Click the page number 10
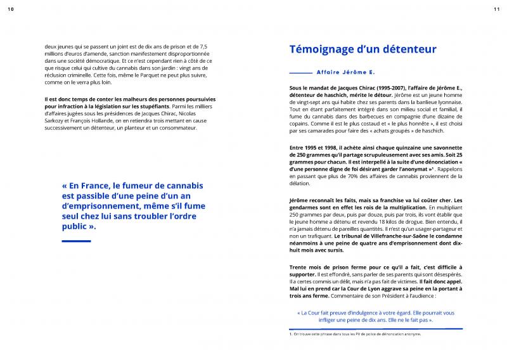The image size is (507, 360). (x=11, y=8)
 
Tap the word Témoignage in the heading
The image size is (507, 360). (x=324, y=49)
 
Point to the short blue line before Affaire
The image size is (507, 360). (x=300, y=73)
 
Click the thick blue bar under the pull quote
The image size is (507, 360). (x=76, y=241)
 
